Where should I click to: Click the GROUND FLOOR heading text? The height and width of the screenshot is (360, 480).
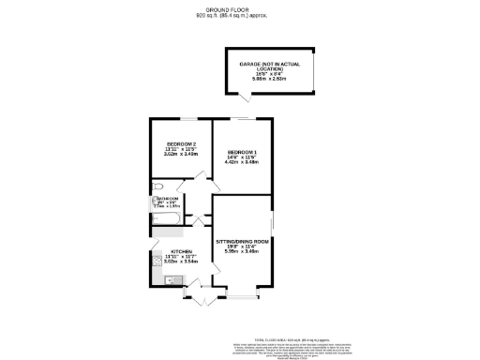241,9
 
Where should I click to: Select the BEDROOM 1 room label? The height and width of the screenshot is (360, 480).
241,152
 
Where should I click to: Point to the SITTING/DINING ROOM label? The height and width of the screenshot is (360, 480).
242,241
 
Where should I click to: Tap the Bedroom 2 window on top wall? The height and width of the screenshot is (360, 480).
182,118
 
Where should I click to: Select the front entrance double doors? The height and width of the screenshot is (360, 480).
200,298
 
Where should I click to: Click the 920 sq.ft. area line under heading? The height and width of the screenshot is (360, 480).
240,16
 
